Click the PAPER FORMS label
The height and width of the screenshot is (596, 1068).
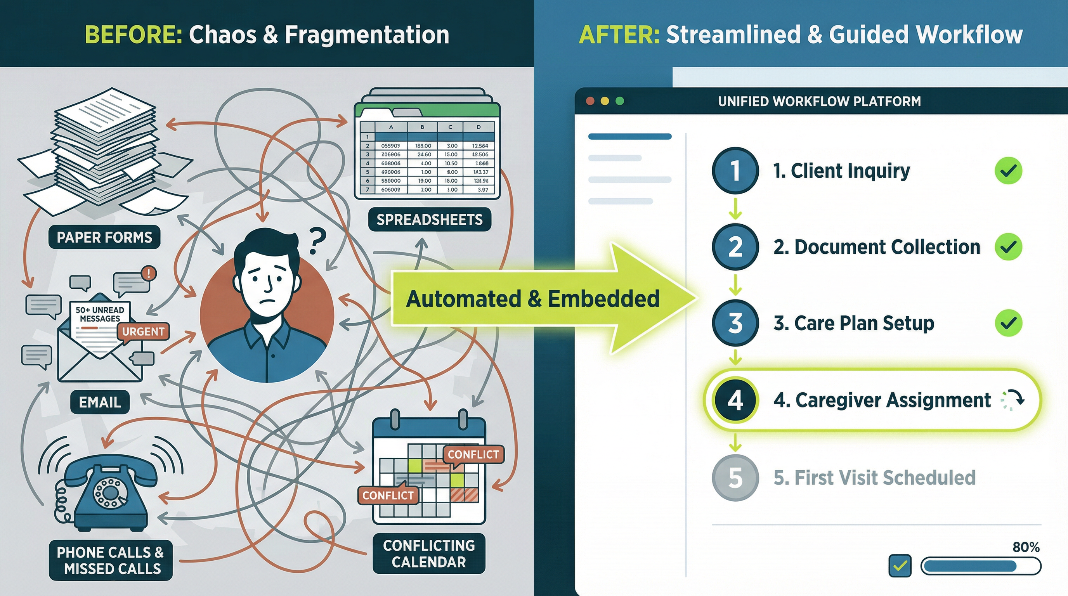pos(104,237)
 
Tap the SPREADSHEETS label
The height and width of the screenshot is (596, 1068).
pos(430,219)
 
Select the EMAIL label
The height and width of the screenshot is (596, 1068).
pos(100,402)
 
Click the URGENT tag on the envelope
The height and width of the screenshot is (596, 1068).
pos(143,332)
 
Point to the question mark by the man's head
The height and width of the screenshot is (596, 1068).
pos(317,241)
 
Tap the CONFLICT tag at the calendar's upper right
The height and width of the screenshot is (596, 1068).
pos(473,454)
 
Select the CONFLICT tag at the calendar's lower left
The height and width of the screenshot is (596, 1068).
pos(388,495)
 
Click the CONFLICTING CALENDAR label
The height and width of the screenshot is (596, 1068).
pos(429,553)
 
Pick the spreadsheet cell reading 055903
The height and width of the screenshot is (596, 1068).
pos(390,146)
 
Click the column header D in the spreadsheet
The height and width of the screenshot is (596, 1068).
pos(479,127)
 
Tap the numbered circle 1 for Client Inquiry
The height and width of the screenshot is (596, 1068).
pos(735,170)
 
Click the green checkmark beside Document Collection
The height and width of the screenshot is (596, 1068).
pos(1008,247)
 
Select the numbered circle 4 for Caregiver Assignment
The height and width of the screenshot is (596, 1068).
pos(735,400)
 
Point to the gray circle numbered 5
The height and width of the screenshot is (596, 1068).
pos(735,478)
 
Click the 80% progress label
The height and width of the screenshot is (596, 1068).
pos(1026,547)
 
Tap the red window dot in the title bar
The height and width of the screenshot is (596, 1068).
pos(590,101)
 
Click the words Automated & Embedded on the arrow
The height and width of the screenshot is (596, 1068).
pos(532,299)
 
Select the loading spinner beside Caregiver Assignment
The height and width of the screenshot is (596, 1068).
pos(1012,400)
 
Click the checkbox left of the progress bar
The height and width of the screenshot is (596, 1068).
pos(900,566)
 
